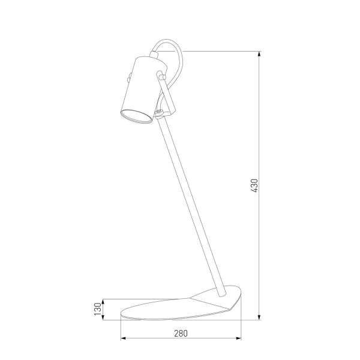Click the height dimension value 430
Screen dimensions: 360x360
point(254,186)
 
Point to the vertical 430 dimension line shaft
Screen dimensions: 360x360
point(260,240)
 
